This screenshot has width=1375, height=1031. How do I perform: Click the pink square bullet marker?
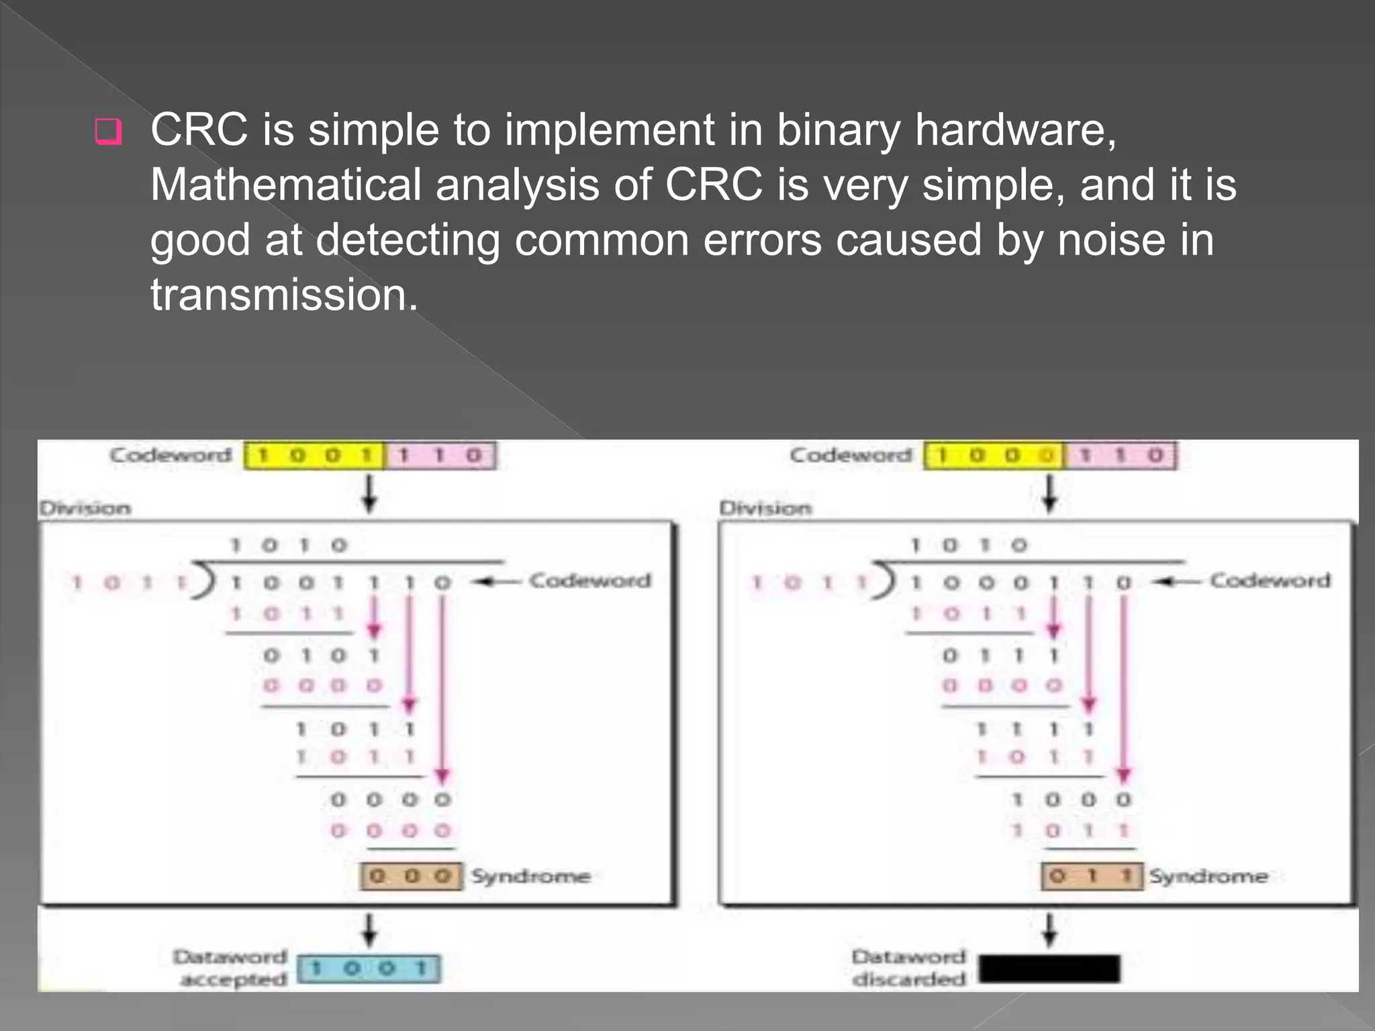click(109, 132)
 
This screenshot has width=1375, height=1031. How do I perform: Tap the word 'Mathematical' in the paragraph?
click(285, 185)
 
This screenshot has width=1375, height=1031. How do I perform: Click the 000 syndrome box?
click(411, 876)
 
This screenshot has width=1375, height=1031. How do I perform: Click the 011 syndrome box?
click(1092, 876)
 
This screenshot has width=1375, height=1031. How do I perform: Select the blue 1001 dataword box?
click(369, 969)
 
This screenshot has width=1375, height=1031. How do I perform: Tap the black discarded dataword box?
click(1049, 969)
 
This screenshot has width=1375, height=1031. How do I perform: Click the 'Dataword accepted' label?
click(231, 967)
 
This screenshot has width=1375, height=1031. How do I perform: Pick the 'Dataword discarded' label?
click(909, 967)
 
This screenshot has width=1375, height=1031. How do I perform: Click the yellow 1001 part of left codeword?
click(314, 456)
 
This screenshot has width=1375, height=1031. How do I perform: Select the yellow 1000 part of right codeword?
click(994, 456)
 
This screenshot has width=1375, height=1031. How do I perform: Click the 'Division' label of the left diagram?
click(85, 508)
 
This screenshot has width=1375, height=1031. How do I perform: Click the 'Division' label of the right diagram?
click(765, 508)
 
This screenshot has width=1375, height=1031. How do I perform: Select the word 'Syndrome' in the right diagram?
click(1208, 876)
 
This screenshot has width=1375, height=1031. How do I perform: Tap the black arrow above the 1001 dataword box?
click(369, 930)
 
